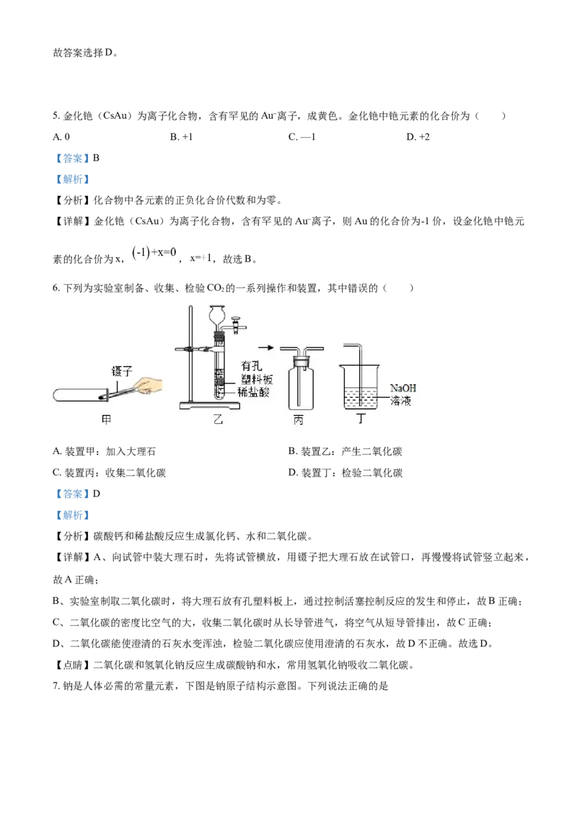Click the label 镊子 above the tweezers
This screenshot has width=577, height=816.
point(122,371)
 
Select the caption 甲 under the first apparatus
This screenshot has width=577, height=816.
point(106,420)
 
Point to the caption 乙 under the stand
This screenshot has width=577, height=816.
point(219,420)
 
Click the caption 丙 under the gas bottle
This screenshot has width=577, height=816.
point(299,420)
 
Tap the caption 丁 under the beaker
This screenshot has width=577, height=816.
point(361,419)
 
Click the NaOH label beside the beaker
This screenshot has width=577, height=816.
point(402,389)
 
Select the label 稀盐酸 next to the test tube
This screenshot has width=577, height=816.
point(254,392)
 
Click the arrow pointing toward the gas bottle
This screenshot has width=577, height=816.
point(265,347)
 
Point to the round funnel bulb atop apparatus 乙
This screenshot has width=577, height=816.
point(219,315)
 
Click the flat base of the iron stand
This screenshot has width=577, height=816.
point(209,405)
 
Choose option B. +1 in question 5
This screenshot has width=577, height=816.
point(181,137)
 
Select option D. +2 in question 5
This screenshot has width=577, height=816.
point(418,137)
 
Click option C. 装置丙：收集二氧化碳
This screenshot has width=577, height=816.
point(110,473)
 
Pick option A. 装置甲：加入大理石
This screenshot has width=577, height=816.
point(104,451)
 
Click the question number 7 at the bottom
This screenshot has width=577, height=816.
point(56,686)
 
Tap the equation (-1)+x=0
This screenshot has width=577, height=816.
point(154,254)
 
